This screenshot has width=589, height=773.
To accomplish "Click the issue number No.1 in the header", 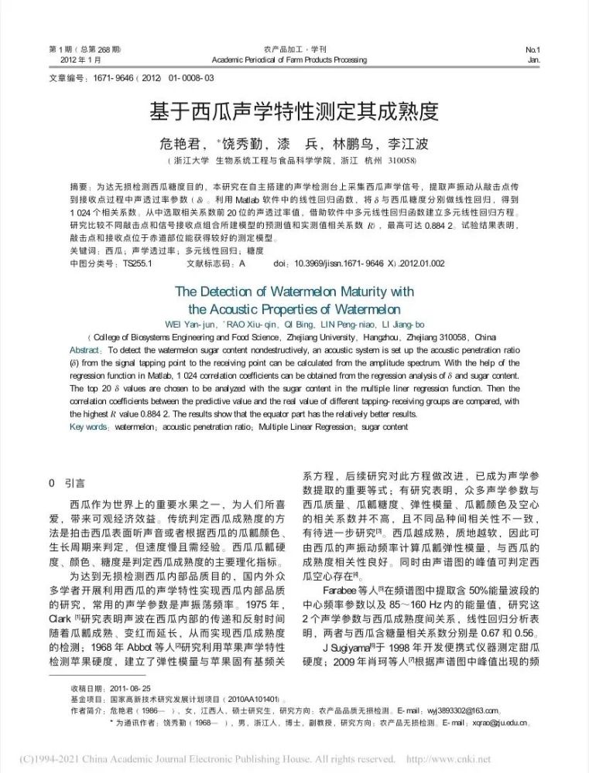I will click(532, 49).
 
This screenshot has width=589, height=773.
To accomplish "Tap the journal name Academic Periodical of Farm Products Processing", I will click(294, 60).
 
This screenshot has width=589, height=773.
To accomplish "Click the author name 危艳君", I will click(180, 144).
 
